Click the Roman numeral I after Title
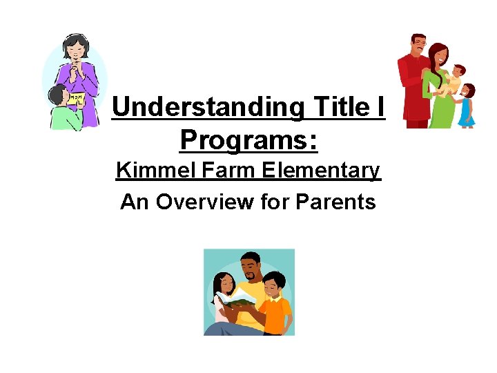(380, 107)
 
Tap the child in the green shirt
(64, 111)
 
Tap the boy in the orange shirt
(275, 304)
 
